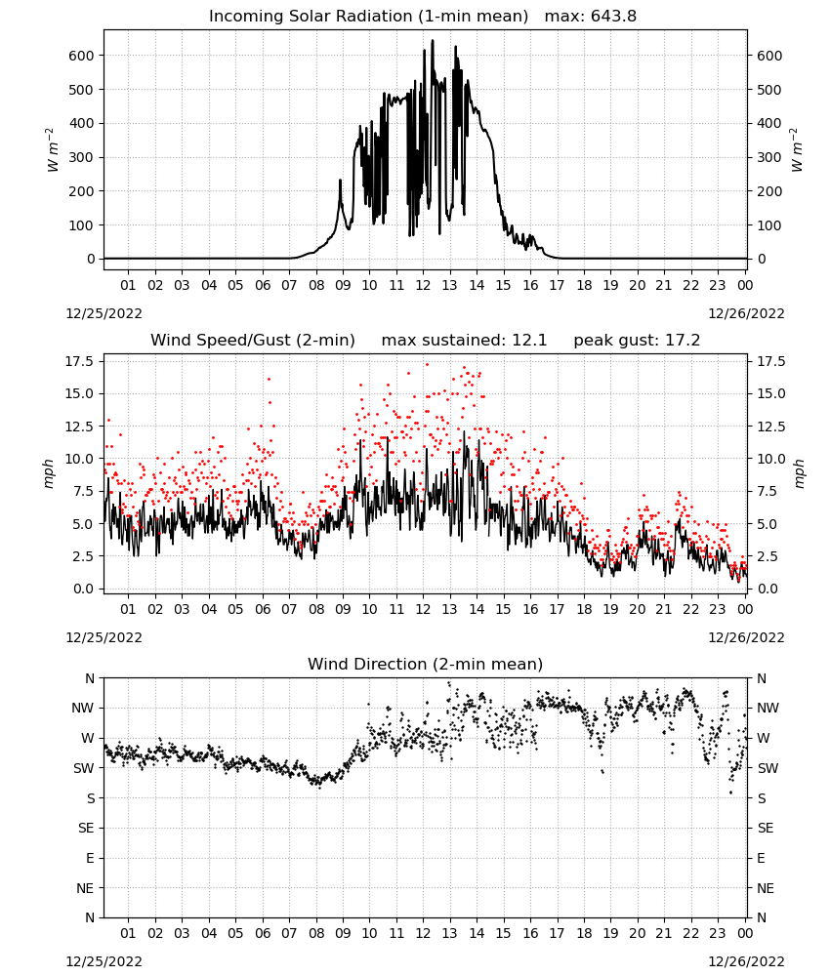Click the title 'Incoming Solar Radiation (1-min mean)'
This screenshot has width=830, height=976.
(x=368, y=17)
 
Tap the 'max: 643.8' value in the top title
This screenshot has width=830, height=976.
(x=591, y=17)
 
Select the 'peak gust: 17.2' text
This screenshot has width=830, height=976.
(x=637, y=341)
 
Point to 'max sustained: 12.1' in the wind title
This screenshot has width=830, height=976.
(x=464, y=341)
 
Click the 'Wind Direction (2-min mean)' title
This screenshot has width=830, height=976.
(x=426, y=664)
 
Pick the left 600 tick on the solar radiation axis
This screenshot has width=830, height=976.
(x=82, y=56)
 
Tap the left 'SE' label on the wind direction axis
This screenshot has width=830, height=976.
(x=87, y=828)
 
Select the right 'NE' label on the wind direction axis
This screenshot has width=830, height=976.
(x=766, y=888)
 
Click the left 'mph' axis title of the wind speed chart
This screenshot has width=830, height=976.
(x=49, y=473)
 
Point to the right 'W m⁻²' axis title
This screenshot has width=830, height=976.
(x=797, y=150)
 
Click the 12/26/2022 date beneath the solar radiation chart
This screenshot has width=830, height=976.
(x=746, y=313)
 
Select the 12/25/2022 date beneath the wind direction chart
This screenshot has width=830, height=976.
(x=104, y=961)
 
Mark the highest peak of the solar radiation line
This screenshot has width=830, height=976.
(x=433, y=41)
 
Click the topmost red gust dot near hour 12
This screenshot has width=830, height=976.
(x=427, y=365)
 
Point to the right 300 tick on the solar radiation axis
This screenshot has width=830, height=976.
(x=769, y=157)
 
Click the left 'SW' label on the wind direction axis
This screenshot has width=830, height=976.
(x=83, y=768)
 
